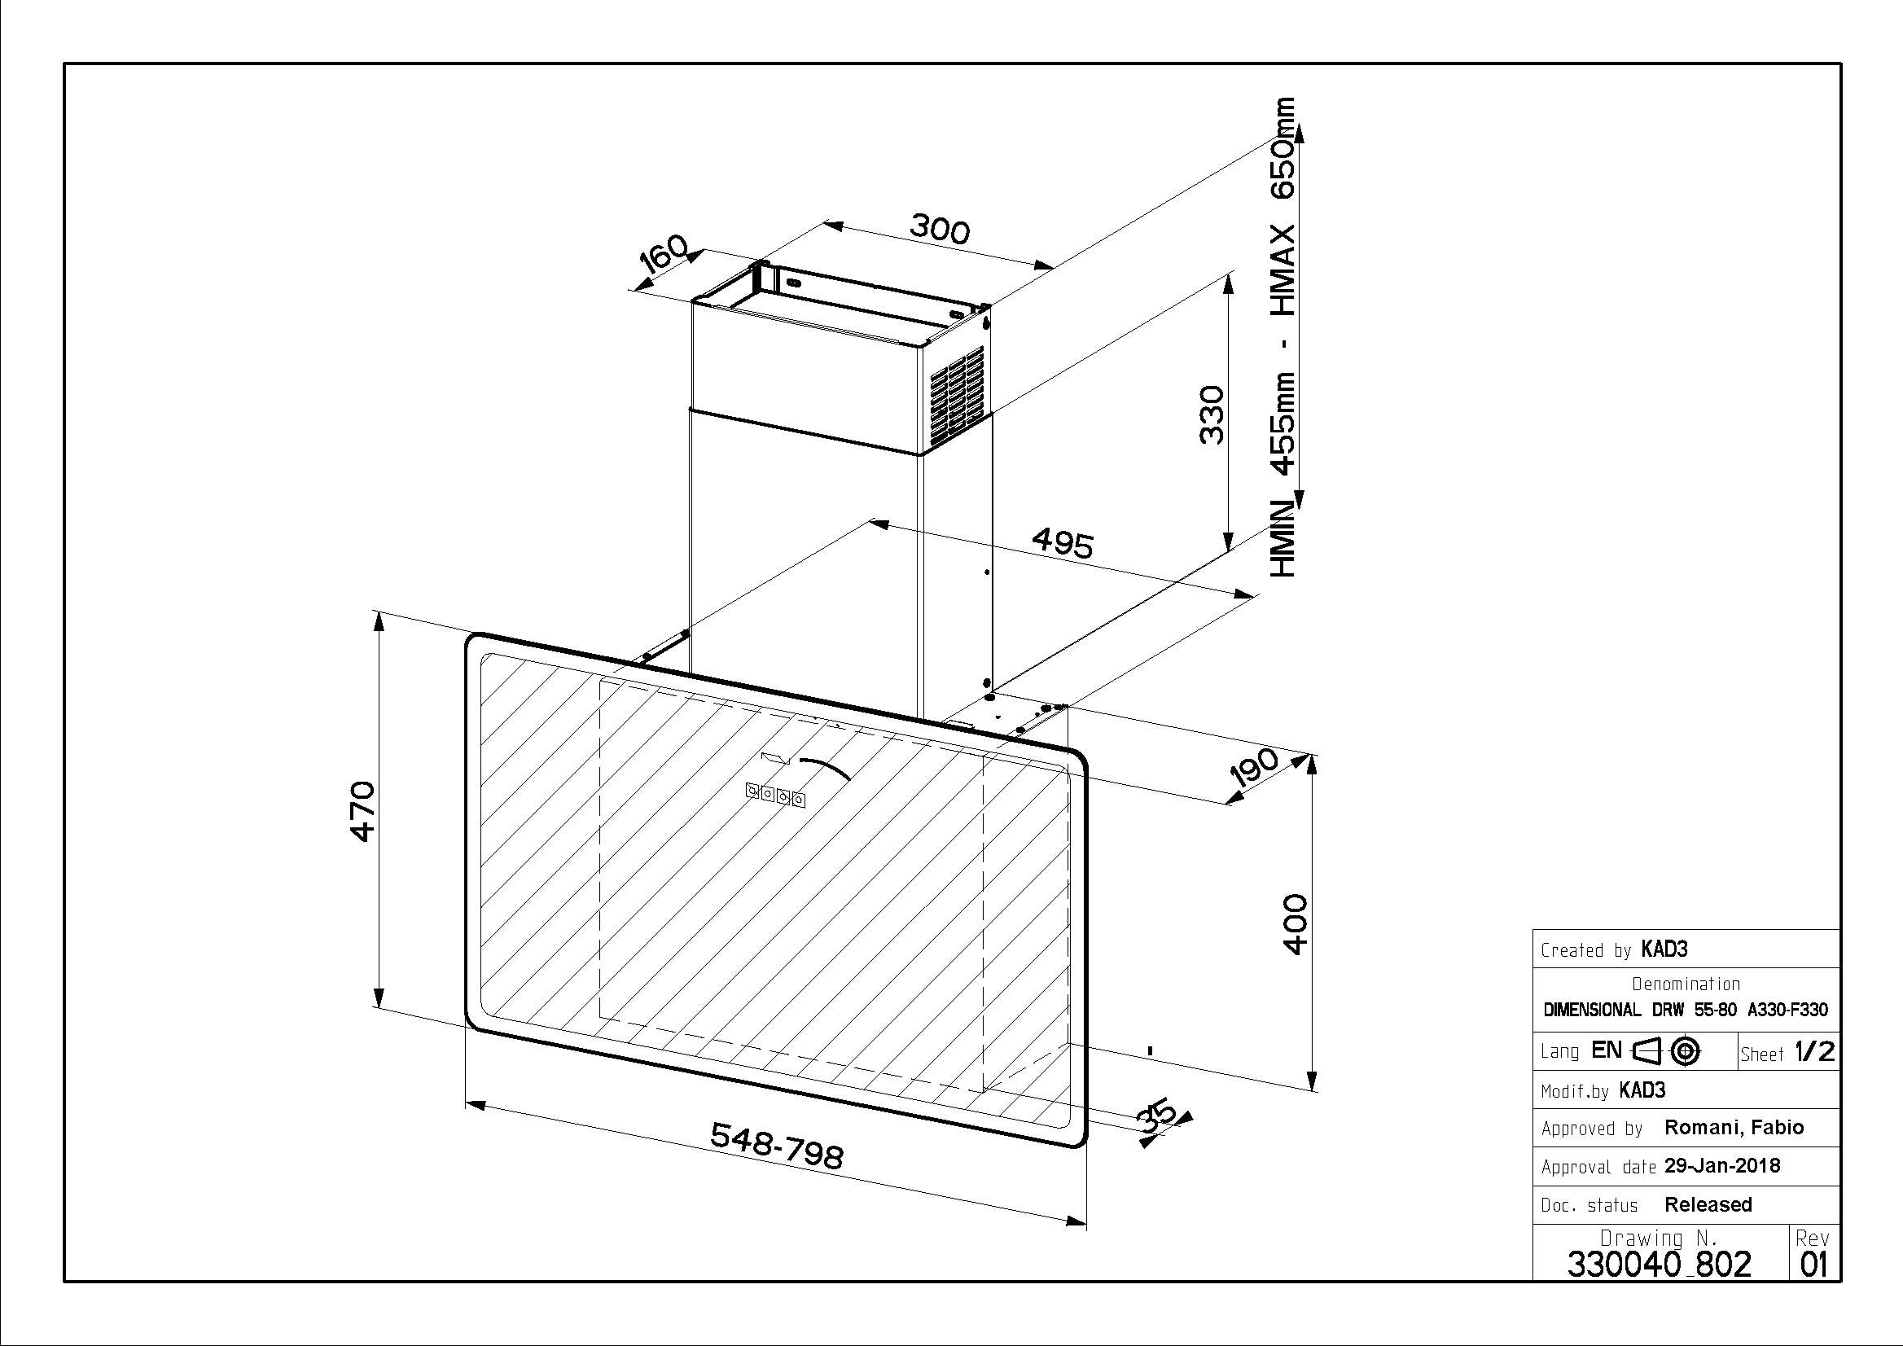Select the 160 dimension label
[x=664, y=253]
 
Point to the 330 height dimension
[x=1212, y=414]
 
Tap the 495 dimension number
[x=1063, y=544]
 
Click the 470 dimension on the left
[x=363, y=810]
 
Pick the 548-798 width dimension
[x=777, y=1146]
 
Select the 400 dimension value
[x=1295, y=924]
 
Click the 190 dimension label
[x=1254, y=768]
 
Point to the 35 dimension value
[x=1157, y=1115]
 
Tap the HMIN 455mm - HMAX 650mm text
[x=1283, y=336]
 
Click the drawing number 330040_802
[x=1660, y=1264]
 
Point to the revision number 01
[x=1813, y=1265]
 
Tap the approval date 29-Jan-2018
[x=1721, y=1166]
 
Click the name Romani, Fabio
[x=1734, y=1127]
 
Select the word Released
[x=1708, y=1204]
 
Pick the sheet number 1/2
[x=1814, y=1052]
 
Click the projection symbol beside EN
[x=1667, y=1051]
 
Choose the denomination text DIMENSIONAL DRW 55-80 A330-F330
[x=1685, y=1011]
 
